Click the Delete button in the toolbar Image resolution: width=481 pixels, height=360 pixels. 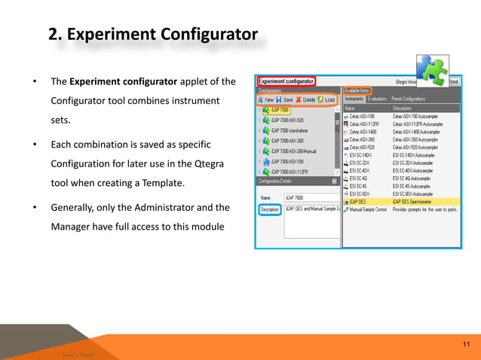tap(305, 99)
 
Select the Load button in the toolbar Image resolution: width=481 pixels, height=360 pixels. tap(326, 99)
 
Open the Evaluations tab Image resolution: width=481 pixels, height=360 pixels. tap(377, 99)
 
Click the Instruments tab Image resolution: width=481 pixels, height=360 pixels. tap(354, 99)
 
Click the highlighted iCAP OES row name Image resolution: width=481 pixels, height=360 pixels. tap(359, 201)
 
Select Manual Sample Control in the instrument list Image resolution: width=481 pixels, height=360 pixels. tap(368, 209)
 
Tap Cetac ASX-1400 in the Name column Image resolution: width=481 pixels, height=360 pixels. tap(363, 131)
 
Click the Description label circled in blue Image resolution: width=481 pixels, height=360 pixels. tap(269, 209)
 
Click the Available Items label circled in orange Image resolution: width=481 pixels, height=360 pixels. tap(357, 90)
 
